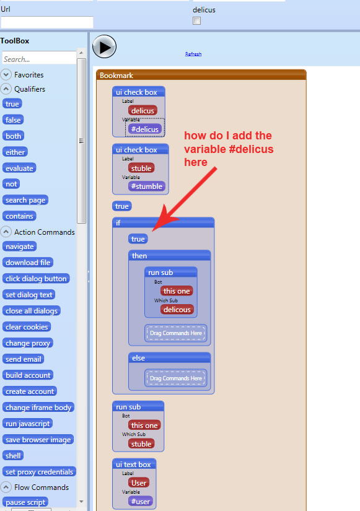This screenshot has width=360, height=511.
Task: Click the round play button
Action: point(104,47)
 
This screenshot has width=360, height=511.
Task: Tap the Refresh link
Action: point(193,54)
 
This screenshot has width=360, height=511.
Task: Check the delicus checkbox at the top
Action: point(196,21)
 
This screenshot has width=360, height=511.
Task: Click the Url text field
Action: point(47,22)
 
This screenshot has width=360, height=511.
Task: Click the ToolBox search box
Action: point(39,59)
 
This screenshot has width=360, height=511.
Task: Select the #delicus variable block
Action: point(145,129)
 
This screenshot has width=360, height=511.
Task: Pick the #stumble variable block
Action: point(147,186)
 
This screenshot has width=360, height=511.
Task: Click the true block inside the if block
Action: point(138,239)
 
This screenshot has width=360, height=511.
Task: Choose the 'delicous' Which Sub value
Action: point(177,310)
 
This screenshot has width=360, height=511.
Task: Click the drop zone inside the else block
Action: point(176,378)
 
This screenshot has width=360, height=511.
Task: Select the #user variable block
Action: point(141,501)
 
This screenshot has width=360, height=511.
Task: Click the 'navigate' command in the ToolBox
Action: point(20,247)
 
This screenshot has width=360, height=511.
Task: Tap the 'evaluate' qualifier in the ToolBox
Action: point(19,168)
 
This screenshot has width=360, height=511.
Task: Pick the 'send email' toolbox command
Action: point(23,359)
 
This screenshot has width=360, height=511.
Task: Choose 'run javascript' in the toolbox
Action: point(28,423)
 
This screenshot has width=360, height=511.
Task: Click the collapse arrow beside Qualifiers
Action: point(6,89)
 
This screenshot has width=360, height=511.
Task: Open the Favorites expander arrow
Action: point(6,74)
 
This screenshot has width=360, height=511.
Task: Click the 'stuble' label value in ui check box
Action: point(141,168)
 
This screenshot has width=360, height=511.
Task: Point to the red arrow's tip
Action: point(152,231)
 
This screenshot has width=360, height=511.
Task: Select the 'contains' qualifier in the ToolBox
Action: point(19,216)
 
